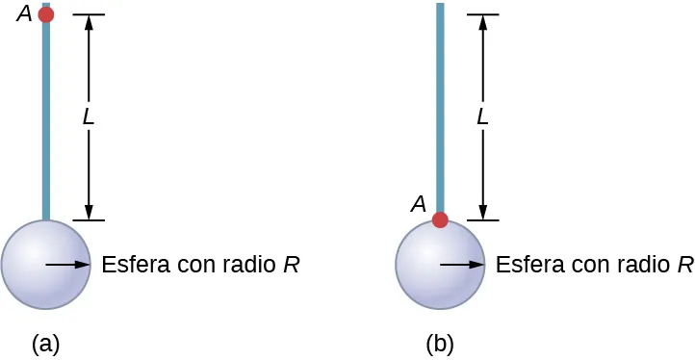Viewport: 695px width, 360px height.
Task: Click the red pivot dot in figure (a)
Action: click(x=45, y=15)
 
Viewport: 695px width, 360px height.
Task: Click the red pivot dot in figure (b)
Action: click(x=440, y=219)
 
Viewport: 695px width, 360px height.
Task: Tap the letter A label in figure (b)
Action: click(x=418, y=203)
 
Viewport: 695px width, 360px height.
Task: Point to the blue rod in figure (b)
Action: click(x=440, y=106)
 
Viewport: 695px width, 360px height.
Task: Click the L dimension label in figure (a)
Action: click(x=89, y=117)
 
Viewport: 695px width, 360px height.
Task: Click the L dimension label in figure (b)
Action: click(x=483, y=117)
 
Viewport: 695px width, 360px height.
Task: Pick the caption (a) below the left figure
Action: click(x=46, y=342)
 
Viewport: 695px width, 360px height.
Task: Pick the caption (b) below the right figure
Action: click(x=441, y=342)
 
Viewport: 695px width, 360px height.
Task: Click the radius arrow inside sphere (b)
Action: click(x=462, y=264)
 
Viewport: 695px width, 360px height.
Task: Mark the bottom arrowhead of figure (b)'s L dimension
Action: click(x=483, y=213)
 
